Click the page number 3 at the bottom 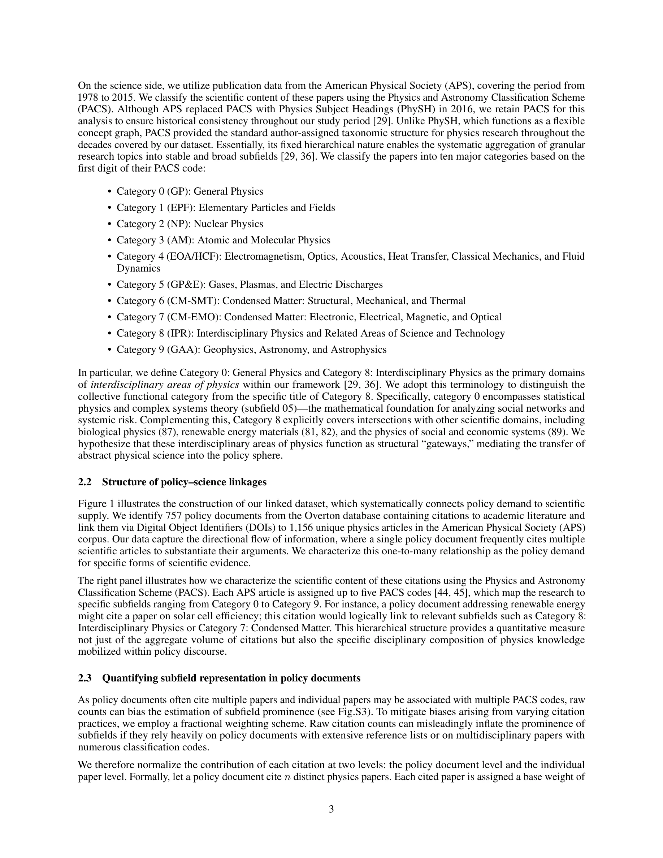pos(331,809)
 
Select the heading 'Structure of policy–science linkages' pos(184,482)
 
